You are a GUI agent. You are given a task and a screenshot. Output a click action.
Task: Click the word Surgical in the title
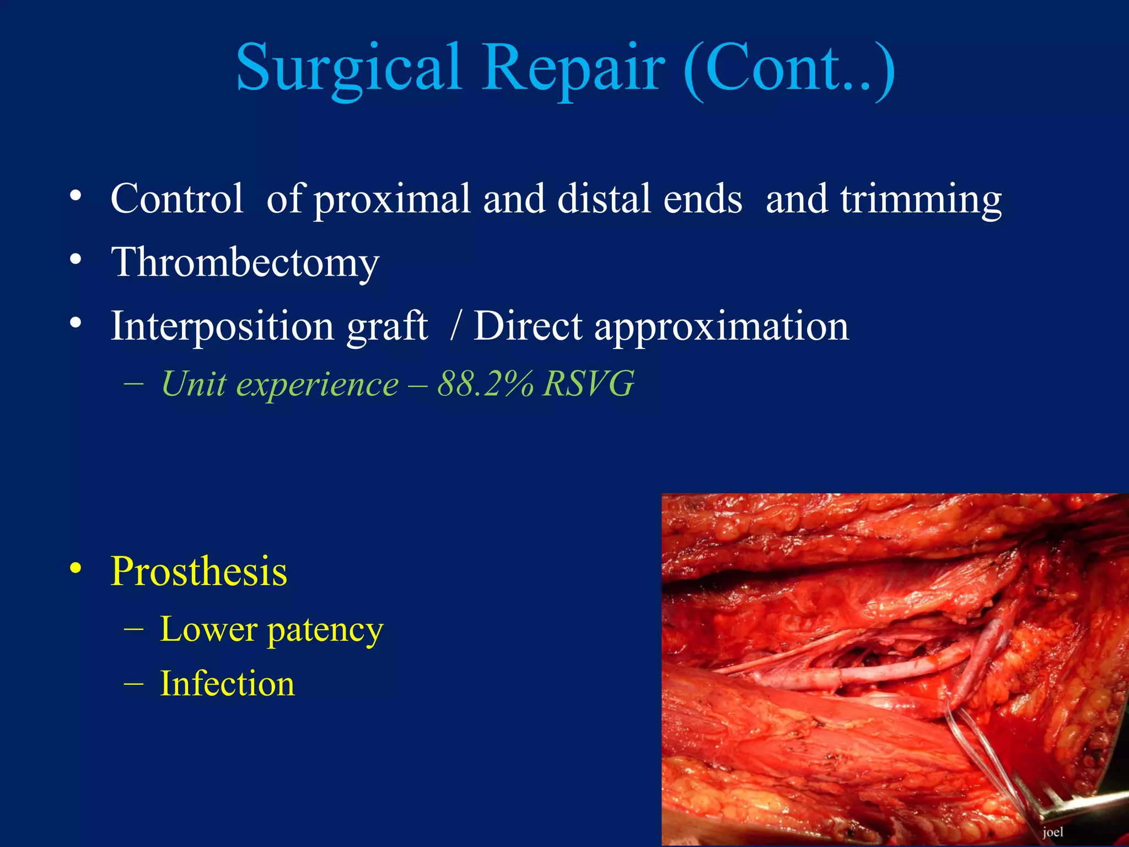tap(348, 69)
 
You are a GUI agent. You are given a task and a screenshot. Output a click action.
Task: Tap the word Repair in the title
tap(573, 69)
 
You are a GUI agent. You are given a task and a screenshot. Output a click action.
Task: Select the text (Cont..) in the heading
tap(789, 69)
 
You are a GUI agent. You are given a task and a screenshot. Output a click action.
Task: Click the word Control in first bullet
tap(177, 199)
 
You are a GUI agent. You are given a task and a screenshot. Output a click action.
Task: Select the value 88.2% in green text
tap(485, 384)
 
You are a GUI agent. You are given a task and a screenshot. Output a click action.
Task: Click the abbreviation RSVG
tap(588, 384)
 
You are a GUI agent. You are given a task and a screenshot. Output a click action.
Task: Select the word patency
tap(325, 630)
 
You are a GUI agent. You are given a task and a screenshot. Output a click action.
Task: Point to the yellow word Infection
tap(227, 684)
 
